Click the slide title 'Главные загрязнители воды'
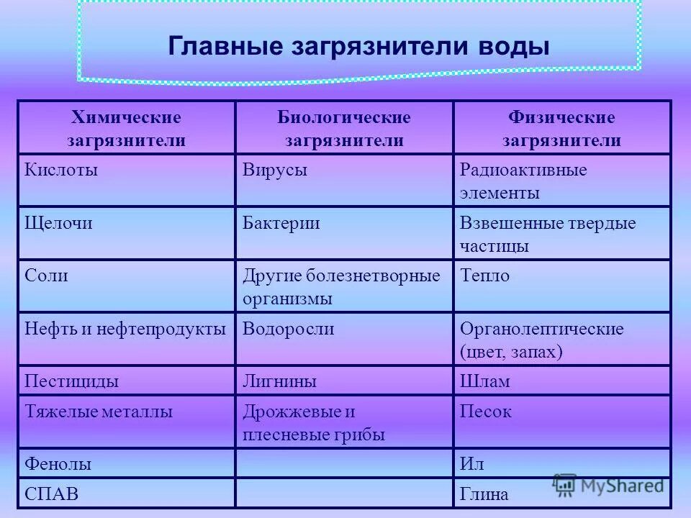coord(358,47)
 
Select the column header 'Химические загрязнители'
coord(126,128)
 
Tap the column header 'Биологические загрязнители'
coord(344,128)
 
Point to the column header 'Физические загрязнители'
coord(561,128)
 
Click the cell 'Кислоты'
coord(61,171)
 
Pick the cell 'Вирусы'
coord(275,171)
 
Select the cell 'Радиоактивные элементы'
coord(523,182)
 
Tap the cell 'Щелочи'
coord(60,223)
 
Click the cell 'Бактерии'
coord(281,223)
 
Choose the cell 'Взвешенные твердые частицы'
coord(548,234)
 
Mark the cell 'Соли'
coord(47,276)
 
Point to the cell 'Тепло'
coord(484,276)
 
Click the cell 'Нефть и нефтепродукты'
coord(126,329)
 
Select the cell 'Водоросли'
coord(289,329)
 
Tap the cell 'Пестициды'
coord(72,381)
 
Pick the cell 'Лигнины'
coord(280,381)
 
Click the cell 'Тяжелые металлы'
coord(99,412)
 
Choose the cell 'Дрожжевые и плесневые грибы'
coord(314,423)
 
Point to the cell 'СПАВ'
coord(51,494)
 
